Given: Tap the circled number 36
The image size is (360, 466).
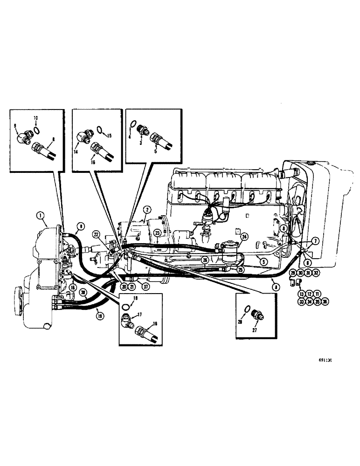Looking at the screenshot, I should [x=325, y=302].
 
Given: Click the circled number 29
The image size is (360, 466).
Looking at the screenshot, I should [x=293, y=273].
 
